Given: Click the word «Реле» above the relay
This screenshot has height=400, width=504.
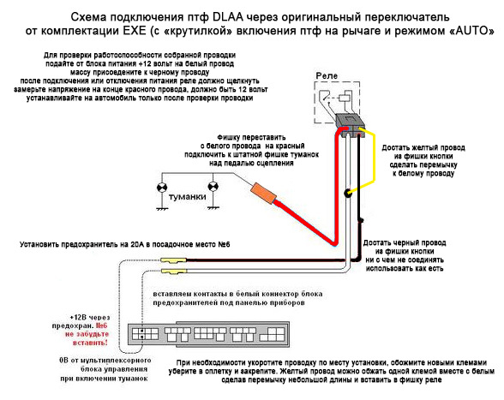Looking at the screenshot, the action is tap(327, 76).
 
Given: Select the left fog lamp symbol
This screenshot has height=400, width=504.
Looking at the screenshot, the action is tap(162, 188).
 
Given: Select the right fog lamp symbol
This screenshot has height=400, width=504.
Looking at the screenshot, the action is tap(213, 187).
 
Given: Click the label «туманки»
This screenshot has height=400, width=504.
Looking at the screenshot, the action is tap(188, 197).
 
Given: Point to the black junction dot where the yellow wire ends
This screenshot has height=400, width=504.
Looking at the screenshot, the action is tap(348, 194).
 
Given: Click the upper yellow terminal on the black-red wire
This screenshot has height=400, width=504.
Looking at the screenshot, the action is tap(173, 260).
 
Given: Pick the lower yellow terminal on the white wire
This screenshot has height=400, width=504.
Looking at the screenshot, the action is tap(173, 272).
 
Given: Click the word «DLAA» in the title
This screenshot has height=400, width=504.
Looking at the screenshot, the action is tap(228, 17).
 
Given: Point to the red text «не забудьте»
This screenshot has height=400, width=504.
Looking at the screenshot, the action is tap(87, 334).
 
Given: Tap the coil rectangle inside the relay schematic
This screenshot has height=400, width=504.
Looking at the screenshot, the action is tap(345, 97).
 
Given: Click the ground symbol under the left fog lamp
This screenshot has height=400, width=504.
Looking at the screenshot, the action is tap(162, 209).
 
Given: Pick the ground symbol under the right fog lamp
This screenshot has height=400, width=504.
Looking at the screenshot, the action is tap(213, 208).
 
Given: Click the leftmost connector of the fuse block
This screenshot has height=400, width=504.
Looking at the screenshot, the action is tap(146, 334).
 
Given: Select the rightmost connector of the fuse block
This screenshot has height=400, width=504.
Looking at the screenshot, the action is tap(273, 334).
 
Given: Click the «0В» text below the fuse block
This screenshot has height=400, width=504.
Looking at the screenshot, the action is tap(64, 361).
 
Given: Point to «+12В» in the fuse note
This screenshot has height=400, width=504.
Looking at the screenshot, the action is tap(78, 318).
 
